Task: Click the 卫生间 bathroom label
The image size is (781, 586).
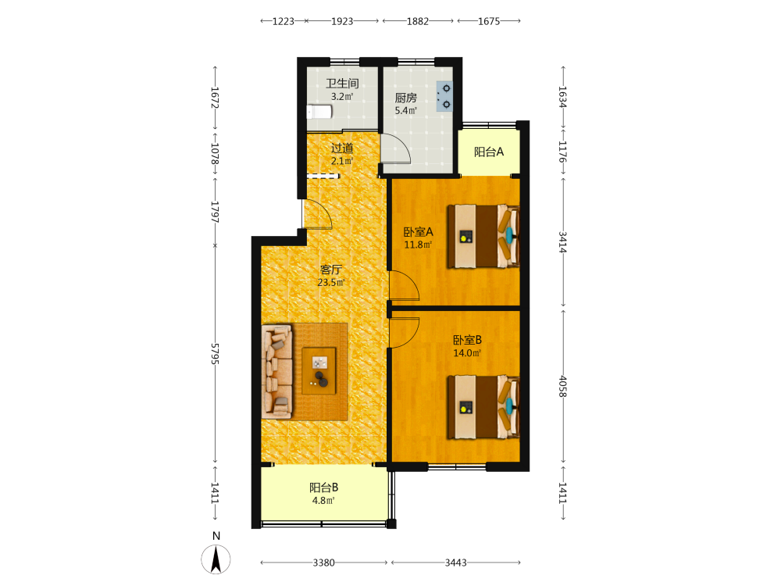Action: point(342,84)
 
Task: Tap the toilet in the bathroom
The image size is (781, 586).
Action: point(319,112)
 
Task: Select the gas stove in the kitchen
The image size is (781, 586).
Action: point(445,96)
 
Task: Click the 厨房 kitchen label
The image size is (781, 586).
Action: point(406,98)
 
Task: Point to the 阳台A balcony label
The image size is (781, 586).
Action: point(489,152)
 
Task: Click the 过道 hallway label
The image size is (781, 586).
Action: point(342,148)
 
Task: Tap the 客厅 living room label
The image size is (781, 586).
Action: point(331,270)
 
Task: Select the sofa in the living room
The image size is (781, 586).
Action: point(277,372)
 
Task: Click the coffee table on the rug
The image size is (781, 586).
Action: point(319,370)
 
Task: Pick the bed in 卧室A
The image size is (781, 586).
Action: point(483,236)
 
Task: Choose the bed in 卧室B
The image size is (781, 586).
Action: point(483,407)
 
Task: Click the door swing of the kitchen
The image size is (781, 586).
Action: point(396,148)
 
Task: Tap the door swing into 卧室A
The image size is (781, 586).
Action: point(404,285)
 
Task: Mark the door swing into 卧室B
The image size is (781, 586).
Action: point(404,332)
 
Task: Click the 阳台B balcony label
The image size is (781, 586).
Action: point(324,488)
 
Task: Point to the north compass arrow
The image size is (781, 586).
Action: point(216,559)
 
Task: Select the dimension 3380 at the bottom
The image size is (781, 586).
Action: point(324,563)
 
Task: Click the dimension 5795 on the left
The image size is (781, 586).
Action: point(216,354)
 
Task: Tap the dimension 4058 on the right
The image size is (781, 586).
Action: point(563,386)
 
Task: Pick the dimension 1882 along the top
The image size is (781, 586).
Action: point(417,21)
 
